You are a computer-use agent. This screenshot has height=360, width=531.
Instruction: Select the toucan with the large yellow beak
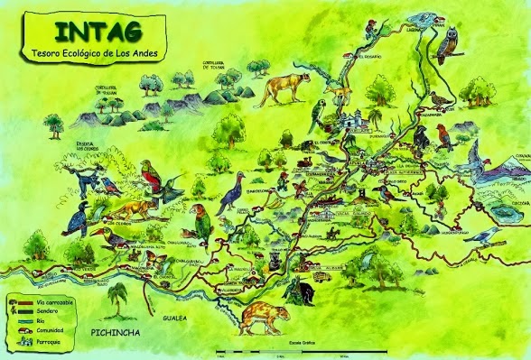click(x=115, y=239)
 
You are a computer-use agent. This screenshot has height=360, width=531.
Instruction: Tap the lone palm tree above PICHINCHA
click(x=116, y=298)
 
